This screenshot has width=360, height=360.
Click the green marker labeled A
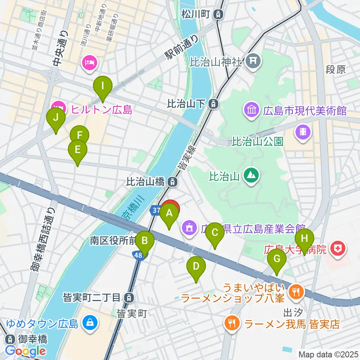[169, 214]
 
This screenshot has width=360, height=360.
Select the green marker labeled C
[214, 232]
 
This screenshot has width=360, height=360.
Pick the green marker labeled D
[196, 267]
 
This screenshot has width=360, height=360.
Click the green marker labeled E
[77, 150]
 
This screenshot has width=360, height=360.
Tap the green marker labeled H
[304, 238]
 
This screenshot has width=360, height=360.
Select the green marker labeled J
[56, 118]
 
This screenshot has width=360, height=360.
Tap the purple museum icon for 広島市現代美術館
[251, 110]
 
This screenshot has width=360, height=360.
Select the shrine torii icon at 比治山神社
[253, 62]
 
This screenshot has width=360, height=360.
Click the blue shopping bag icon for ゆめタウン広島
[90, 323]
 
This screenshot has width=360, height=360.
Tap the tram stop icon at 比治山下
[213, 103]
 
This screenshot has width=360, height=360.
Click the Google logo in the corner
[25, 351]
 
